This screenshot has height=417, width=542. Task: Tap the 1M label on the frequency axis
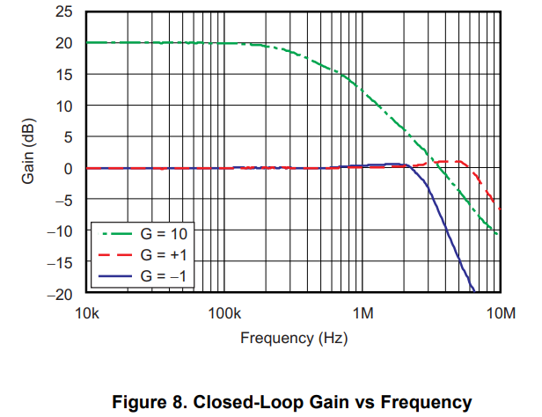363,313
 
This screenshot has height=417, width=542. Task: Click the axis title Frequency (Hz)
293,337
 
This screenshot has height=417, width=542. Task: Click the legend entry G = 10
162,234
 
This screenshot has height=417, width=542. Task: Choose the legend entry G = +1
162,255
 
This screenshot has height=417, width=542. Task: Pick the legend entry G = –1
162,276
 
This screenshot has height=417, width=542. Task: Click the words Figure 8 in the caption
146,402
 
